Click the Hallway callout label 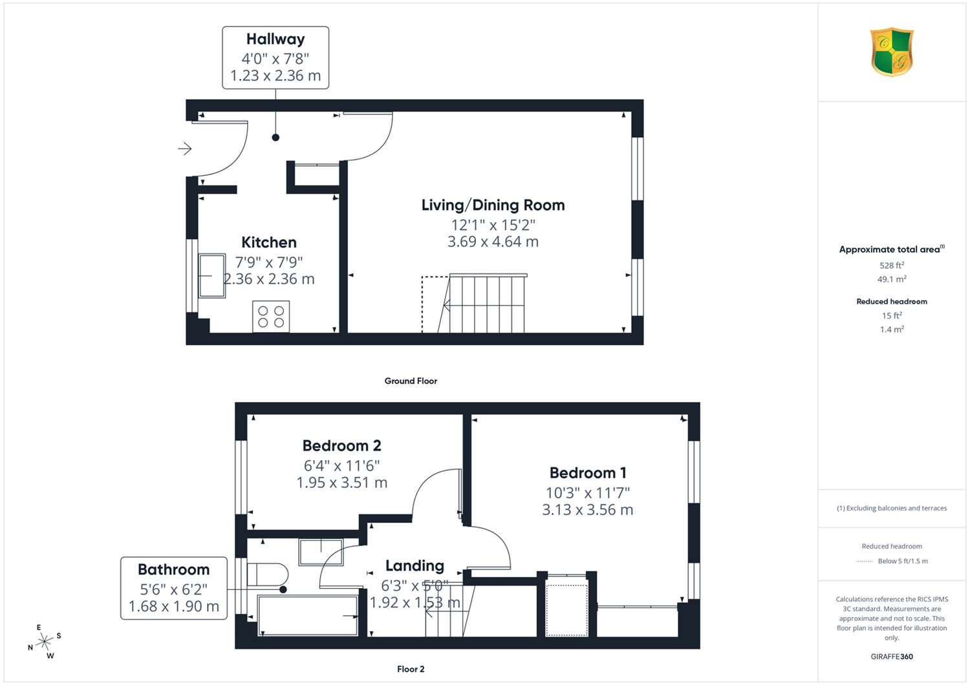(275, 39)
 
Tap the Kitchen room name (269, 242)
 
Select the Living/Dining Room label (493, 205)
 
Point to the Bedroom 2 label (341, 446)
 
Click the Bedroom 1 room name (588, 473)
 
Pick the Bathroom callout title (174, 569)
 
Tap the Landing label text (415, 565)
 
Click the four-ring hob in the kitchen (271, 317)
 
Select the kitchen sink (212, 276)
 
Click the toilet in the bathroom (267, 574)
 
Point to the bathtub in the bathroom (307, 615)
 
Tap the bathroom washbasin (321, 552)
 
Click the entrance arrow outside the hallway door (185, 149)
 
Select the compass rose (45, 642)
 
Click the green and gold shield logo (892, 52)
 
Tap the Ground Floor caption (411, 381)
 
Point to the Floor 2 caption (411, 669)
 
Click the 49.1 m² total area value (892, 279)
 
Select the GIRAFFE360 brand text (892, 657)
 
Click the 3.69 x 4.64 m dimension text (493, 242)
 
